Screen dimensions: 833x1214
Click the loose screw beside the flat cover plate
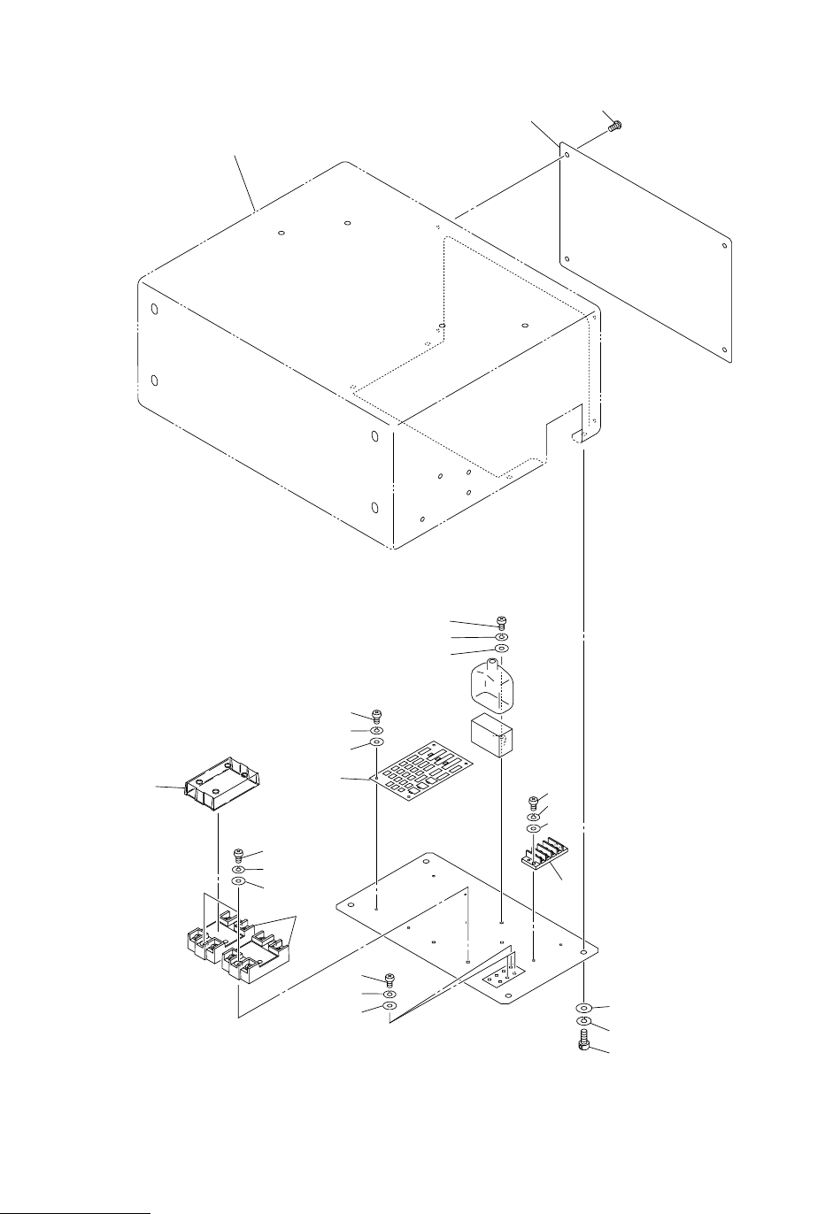(612, 127)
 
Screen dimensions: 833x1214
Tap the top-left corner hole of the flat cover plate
(566, 154)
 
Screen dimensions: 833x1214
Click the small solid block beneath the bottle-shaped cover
(490, 735)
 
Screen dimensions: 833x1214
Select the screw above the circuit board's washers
(377, 715)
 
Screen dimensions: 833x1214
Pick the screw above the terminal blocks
(238, 855)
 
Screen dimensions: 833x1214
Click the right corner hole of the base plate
(583, 952)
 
